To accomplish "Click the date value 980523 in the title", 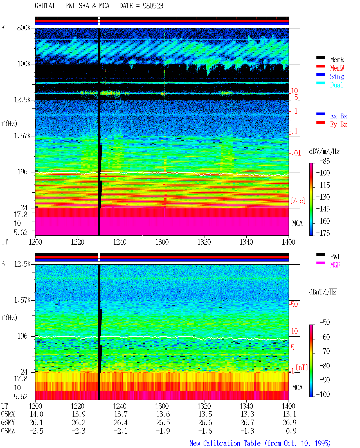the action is pyautogui.click(x=153, y=6).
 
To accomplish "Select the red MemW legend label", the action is pyautogui.click(x=337, y=68).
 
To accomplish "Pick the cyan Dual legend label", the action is pyautogui.click(x=336, y=85).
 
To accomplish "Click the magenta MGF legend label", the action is pyautogui.click(x=335, y=265).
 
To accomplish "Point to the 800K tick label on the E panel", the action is pyautogui.click(x=24, y=28).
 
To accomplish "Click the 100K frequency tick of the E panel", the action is pyautogui.click(x=24, y=64).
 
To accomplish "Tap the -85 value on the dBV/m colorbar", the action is pyautogui.click(x=325, y=161).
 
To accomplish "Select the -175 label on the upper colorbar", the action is pyautogui.click(x=323, y=233).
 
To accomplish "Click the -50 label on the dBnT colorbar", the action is pyautogui.click(x=325, y=323).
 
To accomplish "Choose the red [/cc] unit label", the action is pyautogui.click(x=298, y=201).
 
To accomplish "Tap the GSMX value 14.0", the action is pyautogui.click(x=37, y=414).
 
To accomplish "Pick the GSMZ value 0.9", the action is pyautogui.click(x=291, y=431).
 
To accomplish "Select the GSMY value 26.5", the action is pyautogui.click(x=163, y=423).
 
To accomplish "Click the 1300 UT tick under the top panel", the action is pyautogui.click(x=162, y=242).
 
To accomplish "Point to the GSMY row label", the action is pyautogui.click(x=8, y=423).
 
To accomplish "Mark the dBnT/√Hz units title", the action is pyautogui.click(x=323, y=292).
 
